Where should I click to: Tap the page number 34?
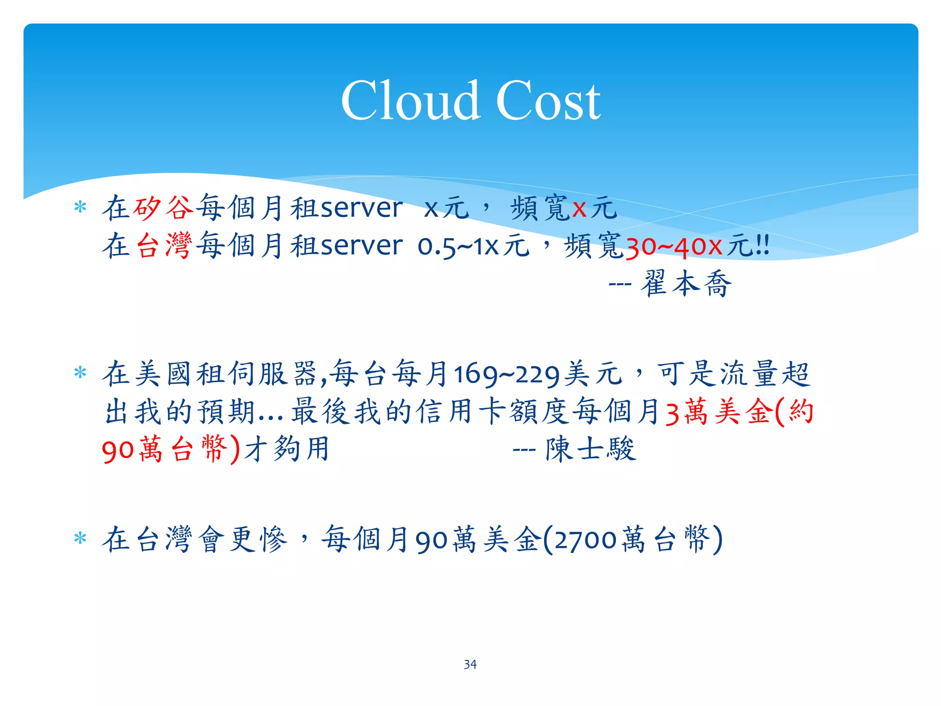[x=470, y=664]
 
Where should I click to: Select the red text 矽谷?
[x=164, y=208]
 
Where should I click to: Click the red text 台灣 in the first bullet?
[x=164, y=245]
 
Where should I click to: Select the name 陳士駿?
[x=591, y=449]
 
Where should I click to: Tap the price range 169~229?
[x=507, y=375]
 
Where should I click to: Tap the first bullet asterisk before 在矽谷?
[x=80, y=207]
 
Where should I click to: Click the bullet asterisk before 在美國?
[x=80, y=373]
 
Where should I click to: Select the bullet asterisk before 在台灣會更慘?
[x=80, y=538]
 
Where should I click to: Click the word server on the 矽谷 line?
[x=362, y=208]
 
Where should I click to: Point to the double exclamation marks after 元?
[x=763, y=246]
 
